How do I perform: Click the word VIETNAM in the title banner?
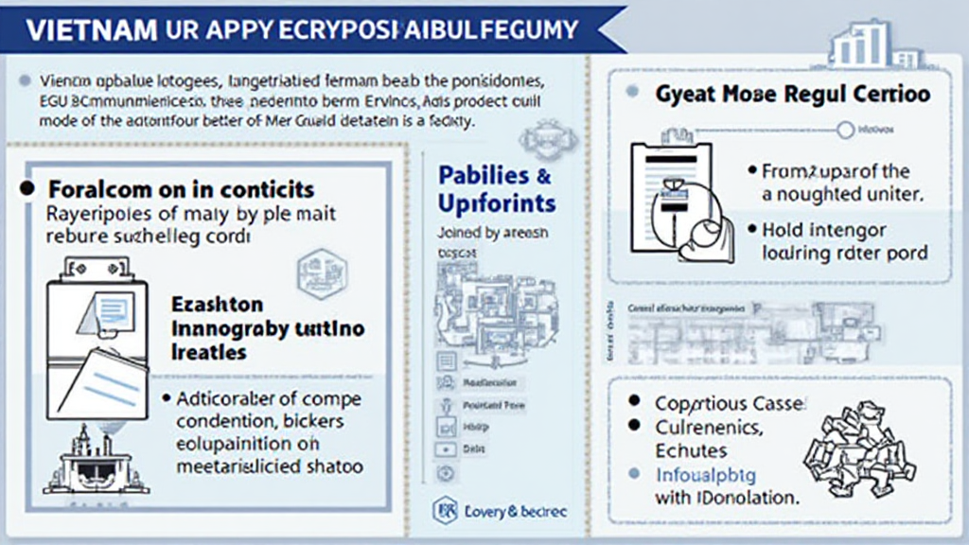(91, 28)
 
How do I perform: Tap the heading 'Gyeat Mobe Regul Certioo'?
(791, 94)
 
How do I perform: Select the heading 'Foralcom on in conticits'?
(180, 189)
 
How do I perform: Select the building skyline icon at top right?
(862, 43)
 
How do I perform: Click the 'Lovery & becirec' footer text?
(515, 511)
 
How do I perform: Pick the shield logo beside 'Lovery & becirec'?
(445, 511)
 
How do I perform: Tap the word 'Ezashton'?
(217, 307)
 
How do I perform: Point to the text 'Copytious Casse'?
(730, 403)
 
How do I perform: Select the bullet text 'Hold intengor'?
(824, 230)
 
